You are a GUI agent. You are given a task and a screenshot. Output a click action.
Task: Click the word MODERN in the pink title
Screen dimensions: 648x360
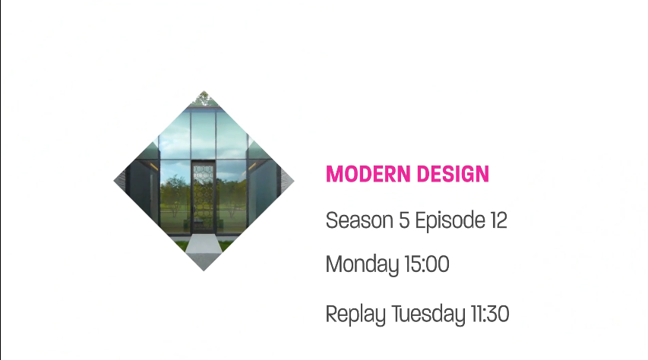coord(368,174)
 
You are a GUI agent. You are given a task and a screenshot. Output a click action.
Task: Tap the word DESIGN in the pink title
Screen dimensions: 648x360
coord(454,174)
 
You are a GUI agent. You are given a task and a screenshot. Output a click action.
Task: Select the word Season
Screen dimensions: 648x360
coord(359,220)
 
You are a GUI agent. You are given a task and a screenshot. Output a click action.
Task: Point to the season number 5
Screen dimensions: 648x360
coord(404,220)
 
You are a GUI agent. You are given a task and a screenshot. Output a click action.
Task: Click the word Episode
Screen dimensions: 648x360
coord(450,221)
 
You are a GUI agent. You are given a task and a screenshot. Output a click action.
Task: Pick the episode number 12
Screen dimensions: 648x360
coord(499,220)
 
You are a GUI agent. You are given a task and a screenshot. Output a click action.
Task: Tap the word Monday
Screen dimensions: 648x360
coord(362,264)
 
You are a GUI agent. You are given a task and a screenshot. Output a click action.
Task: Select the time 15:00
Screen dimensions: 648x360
coord(427,264)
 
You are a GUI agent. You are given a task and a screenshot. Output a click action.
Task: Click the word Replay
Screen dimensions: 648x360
coord(356,314)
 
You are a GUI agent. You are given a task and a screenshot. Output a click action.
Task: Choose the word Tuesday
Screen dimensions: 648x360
coord(428,314)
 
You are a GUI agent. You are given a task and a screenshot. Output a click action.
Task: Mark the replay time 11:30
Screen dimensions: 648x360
coord(490,314)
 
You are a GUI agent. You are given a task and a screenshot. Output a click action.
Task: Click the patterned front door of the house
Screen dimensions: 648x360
coord(204,196)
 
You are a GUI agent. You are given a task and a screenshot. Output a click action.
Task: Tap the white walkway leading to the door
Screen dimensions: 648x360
coord(204,250)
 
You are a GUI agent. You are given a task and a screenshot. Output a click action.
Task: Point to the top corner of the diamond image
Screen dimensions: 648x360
coord(204,91)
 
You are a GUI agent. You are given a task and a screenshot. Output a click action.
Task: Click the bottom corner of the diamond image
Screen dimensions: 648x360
coord(204,271)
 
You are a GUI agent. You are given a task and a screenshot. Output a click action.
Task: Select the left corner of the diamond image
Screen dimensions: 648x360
coord(114,181)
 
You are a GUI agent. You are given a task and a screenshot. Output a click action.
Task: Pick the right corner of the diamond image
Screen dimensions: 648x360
coord(294,181)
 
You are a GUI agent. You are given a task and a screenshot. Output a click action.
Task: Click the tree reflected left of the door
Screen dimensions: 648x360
coord(175,195)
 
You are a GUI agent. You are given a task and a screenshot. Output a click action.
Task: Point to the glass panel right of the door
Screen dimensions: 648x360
coord(232,196)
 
